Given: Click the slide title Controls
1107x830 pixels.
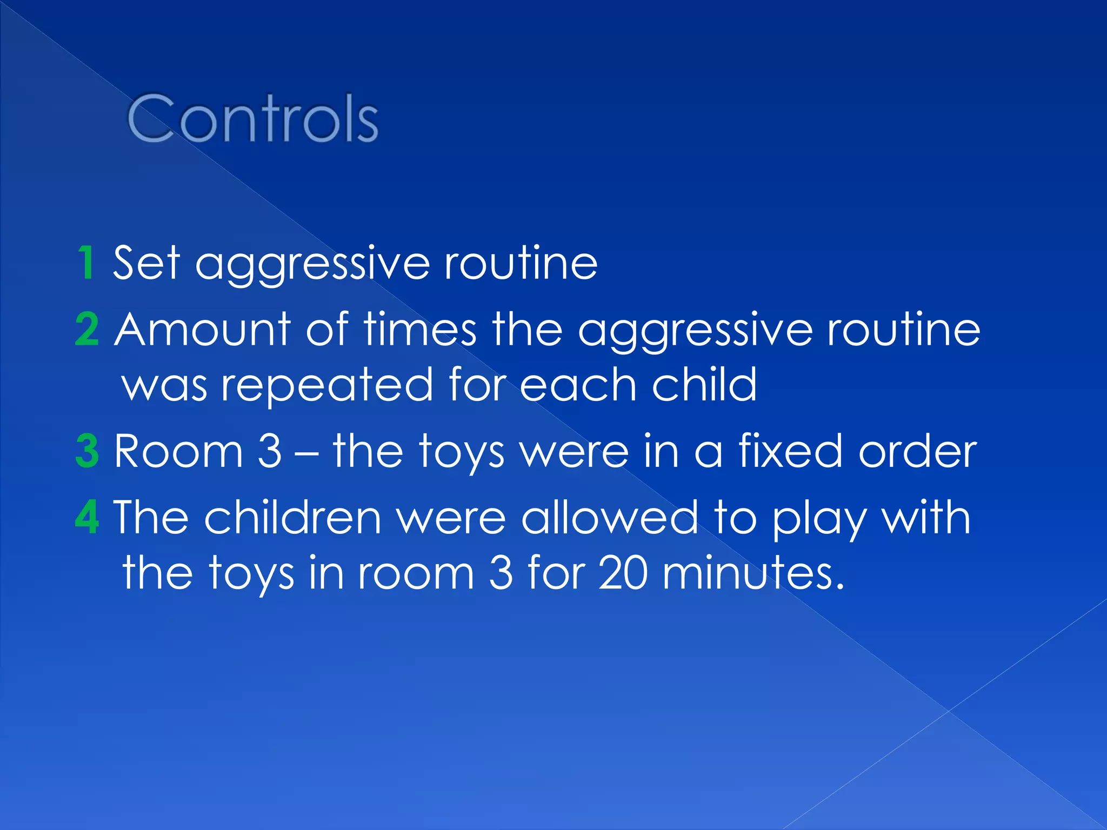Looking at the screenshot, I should click(x=252, y=118).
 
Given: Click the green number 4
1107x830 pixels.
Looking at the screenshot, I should click(x=87, y=517).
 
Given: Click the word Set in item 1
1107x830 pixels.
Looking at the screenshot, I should click(x=146, y=263).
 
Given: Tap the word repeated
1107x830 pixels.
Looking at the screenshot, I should click(x=327, y=385).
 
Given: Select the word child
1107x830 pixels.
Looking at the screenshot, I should click(x=704, y=385).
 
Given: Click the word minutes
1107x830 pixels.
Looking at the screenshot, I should click(x=752, y=573).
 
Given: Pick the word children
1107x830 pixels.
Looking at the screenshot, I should click(x=292, y=517).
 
